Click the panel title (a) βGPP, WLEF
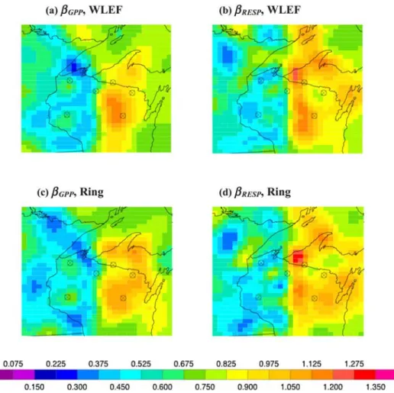(x=84, y=11)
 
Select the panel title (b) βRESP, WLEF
(x=260, y=11)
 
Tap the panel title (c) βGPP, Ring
(x=70, y=192)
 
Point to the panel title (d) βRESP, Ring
(x=255, y=192)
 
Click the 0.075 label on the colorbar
(x=13, y=364)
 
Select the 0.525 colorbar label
(x=140, y=364)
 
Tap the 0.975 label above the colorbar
(x=269, y=364)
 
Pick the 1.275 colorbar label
(x=354, y=364)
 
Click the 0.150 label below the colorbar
(x=34, y=387)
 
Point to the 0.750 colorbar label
(x=205, y=387)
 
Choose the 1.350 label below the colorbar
(x=376, y=387)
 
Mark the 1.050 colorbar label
(x=290, y=387)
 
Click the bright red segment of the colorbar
(x=365, y=375)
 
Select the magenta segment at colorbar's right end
(x=385, y=375)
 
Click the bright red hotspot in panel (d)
(x=297, y=256)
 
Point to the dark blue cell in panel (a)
(x=74, y=67)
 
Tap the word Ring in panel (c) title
(x=92, y=192)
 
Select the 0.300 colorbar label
(x=77, y=387)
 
